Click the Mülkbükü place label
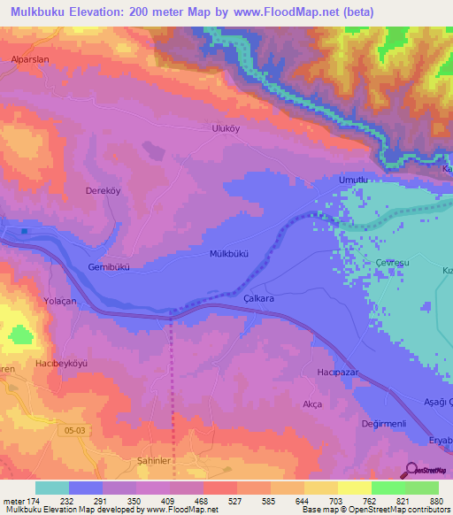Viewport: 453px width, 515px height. coord(229,253)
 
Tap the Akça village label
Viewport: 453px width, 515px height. coord(311,404)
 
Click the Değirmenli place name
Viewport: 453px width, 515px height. coord(383,424)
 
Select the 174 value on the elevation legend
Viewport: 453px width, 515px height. coord(34,500)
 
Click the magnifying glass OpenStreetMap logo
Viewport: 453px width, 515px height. coord(411,471)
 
